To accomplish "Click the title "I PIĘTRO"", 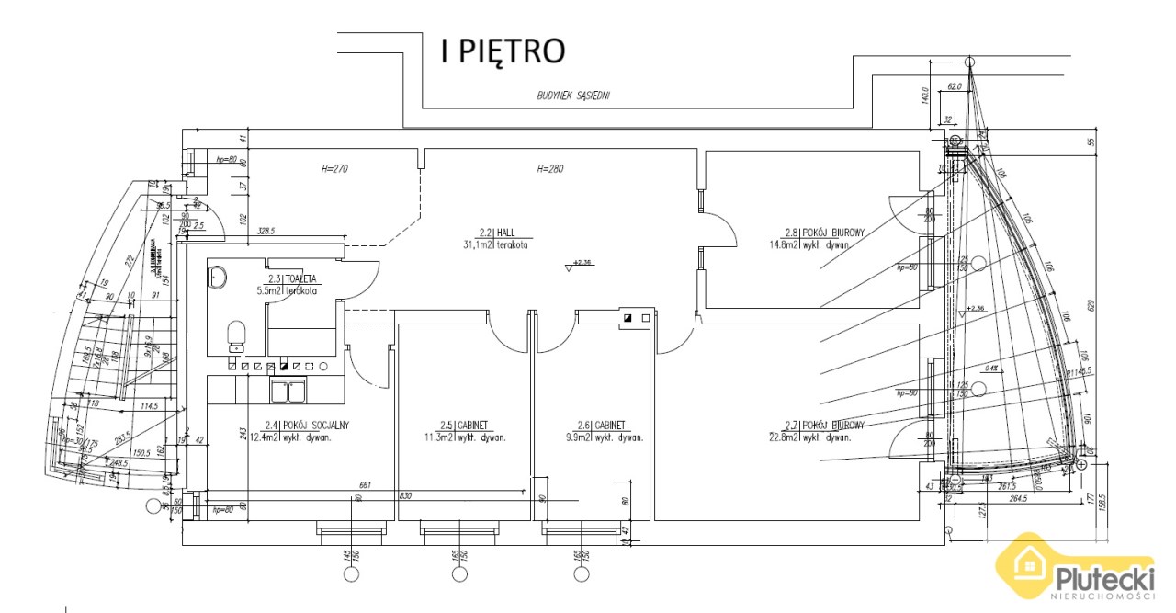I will pos(501,51).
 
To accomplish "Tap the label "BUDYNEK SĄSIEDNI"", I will pos(574,96).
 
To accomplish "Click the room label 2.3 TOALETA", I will pos(292,285).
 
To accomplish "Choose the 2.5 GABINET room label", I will pos(467,431).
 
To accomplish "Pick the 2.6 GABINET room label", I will pos(604,431).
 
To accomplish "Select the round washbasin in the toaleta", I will pos(219,276).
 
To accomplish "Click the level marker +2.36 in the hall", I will pos(582,263).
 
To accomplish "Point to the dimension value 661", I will pos(365,484).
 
